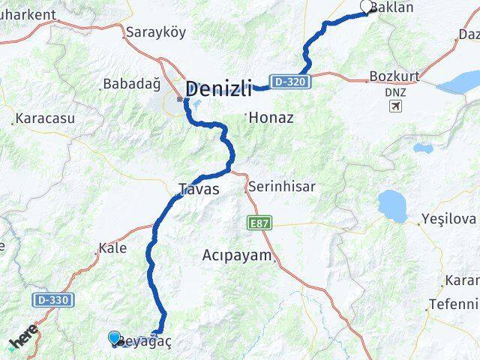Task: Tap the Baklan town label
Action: (393, 8)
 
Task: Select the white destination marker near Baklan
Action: (367, 7)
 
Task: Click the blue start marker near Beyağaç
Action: (114, 338)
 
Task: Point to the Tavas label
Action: (199, 189)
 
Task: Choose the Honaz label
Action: (271, 118)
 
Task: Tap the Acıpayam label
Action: (236, 255)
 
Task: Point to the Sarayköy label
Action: (155, 32)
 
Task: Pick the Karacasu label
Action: (45, 118)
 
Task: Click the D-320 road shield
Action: (289, 81)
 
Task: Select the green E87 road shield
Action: (257, 223)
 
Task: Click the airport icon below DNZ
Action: (395, 105)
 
